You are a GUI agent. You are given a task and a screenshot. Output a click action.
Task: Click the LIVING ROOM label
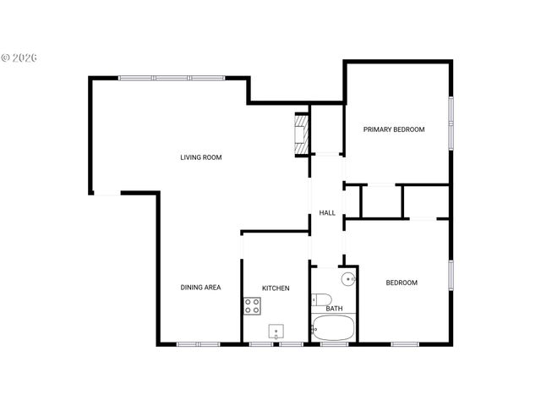[x=200, y=157]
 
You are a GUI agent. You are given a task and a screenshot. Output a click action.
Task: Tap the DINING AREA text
[x=200, y=288]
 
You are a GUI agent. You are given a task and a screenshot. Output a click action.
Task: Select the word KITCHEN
[x=276, y=288]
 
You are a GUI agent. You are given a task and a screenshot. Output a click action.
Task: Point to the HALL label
[x=327, y=212]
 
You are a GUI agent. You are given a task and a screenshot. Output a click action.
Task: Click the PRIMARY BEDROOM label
[x=394, y=129]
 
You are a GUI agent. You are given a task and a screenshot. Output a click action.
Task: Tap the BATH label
[x=335, y=309]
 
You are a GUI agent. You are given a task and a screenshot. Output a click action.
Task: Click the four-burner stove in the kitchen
[x=252, y=306]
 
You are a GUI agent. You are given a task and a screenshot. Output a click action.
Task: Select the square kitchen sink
[x=276, y=331]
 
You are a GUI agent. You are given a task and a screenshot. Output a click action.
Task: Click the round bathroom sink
[x=347, y=278]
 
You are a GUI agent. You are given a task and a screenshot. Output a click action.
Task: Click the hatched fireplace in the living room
[x=300, y=134]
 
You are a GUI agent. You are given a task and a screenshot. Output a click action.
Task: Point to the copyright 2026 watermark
[x=19, y=58]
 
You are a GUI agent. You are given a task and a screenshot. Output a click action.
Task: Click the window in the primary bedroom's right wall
[x=451, y=122]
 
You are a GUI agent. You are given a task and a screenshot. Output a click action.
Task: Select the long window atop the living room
[x=171, y=79]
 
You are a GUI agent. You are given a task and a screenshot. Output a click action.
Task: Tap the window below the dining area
[x=198, y=344]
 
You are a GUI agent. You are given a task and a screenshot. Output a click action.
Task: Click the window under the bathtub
[x=334, y=344]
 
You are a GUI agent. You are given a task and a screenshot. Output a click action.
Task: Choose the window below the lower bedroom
[x=405, y=344]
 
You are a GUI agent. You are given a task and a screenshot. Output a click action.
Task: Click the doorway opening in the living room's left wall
[x=106, y=194]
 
